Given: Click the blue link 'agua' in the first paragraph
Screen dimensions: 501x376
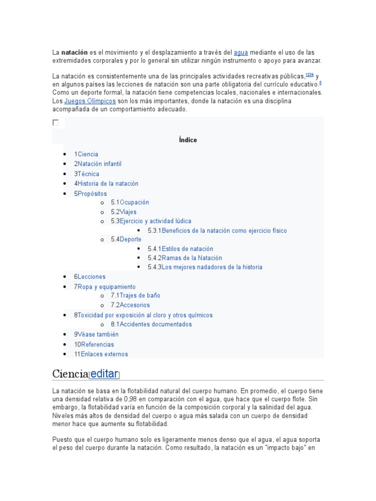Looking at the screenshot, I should pyautogui.click(x=241, y=52).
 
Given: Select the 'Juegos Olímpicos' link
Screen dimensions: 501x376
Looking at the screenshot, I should pyautogui.click(x=90, y=101).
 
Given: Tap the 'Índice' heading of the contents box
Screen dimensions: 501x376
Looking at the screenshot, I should pyautogui.click(x=188, y=140).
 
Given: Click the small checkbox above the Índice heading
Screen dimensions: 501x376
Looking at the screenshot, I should pyautogui.click(x=55, y=123).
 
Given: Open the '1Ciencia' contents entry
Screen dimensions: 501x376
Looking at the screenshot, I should pyautogui.click(x=86, y=154).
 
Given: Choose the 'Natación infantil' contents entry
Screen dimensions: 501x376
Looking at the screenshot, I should pyautogui.click(x=98, y=164).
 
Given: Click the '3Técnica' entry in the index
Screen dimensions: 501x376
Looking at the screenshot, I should pyautogui.click(x=87, y=174).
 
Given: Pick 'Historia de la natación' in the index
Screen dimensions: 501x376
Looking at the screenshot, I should pyautogui.click(x=106, y=183).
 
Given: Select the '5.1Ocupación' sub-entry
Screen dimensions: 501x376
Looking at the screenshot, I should pyautogui.click(x=130, y=202).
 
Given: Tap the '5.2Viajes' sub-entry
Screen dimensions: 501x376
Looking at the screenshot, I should pyautogui.click(x=123, y=212).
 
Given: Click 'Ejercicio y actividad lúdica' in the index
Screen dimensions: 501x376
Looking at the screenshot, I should pyautogui.click(x=151, y=221).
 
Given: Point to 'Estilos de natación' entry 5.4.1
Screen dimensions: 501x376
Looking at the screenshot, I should pyautogui.click(x=181, y=249).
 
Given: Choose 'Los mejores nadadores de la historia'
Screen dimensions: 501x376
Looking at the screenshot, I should pyautogui.click(x=205, y=267).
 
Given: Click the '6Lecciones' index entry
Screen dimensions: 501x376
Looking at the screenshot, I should pyautogui.click(x=90, y=277).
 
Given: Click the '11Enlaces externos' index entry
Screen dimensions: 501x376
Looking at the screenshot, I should pyautogui.click(x=101, y=354).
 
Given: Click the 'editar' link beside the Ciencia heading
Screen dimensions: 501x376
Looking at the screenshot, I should pyautogui.click(x=104, y=374).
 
